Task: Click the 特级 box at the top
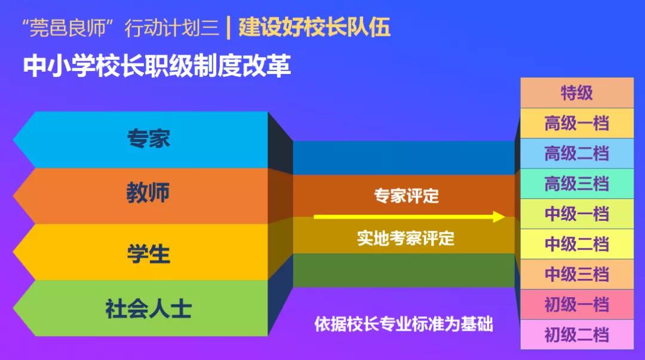tap(577, 93)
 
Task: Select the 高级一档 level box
tap(577, 124)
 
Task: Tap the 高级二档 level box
tap(577, 153)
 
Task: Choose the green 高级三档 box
tap(577, 183)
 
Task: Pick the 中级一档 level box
tap(577, 214)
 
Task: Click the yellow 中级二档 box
tap(577, 244)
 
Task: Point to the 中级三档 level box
tap(577, 274)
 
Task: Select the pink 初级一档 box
tap(577, 304)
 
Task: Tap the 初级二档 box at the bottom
tap(577, 334)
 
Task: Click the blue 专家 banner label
tap(149, 139)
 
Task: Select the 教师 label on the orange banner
tap(148, 192)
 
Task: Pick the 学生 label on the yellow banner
tap(149, 254)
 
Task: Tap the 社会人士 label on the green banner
tap(149, 309)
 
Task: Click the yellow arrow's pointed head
tap(505, 217)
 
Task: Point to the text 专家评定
tap(407, 196)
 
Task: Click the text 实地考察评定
tap(406, 238)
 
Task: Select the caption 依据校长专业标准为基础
tap(404, 324)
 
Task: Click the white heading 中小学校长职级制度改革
tap(157, 66)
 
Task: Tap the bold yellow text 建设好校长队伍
tap(314, 27)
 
